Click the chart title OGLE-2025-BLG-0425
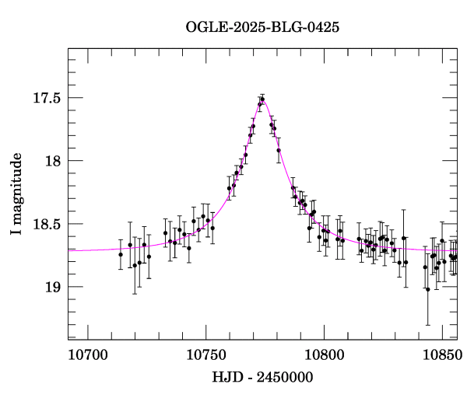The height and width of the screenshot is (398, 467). pos(262,27)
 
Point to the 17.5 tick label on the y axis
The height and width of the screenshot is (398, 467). pos(47,98)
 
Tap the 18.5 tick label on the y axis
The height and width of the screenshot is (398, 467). pos(47,224)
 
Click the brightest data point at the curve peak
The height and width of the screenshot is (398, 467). pos(262,99)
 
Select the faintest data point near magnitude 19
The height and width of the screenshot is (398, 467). pos(428,289)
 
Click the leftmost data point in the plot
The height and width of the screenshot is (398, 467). pos(121,254)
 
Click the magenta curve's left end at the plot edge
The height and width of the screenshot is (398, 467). pos(69,250)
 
